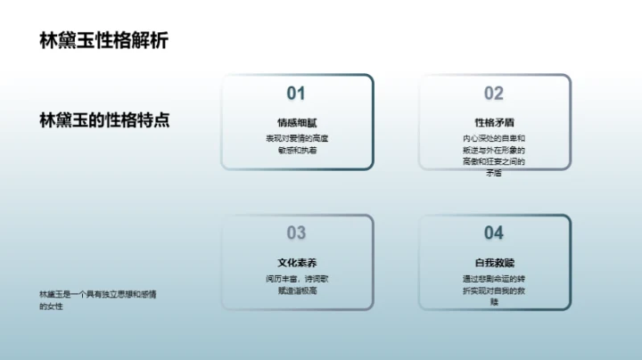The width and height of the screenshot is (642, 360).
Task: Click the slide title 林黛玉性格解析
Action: point(103,41)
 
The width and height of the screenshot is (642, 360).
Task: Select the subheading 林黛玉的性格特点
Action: point(104,121)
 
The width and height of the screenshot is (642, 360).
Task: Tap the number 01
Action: point(296,94)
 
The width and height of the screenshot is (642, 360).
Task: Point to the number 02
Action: point(493,94)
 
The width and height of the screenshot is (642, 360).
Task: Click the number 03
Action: point(296,233)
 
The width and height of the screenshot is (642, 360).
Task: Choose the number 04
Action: point(493,233)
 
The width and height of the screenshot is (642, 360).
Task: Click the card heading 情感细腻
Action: point(296,122)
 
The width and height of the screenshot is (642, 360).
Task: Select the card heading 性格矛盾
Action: point(493,122)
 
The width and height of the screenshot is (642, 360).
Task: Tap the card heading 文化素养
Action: point(296,263)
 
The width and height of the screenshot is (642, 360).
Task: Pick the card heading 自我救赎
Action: point(493,263)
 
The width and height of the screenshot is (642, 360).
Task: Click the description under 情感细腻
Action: point(296,145)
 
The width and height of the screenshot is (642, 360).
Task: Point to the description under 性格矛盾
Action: point(493,156)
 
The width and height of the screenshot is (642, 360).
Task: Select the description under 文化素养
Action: point(296,284)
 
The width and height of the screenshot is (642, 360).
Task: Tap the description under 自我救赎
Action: point(493,290)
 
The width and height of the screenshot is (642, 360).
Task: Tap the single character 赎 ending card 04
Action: point(493,302)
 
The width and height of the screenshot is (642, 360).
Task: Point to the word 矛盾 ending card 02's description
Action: point(493,174)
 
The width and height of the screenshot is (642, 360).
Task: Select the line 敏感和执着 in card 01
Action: point(296,151)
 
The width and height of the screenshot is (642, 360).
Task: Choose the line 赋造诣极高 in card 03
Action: point(296,290)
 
